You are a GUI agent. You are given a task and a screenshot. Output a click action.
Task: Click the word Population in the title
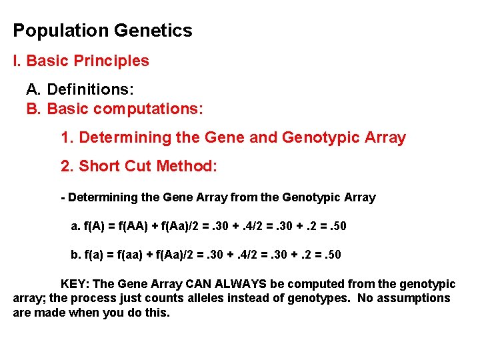[x=61, y=31]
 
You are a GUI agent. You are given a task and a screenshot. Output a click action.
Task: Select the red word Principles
[x=111, y=61]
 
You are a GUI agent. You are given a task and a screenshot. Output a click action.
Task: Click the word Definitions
[x=90, y=89]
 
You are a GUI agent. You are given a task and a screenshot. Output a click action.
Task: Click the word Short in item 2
[x=99, y=167]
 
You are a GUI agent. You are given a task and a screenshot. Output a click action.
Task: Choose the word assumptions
[x=413, y=298]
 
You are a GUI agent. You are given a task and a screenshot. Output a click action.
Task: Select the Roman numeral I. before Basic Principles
[x=17, y=61]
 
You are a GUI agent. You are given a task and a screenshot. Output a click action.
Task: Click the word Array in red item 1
[x=385, y=138]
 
